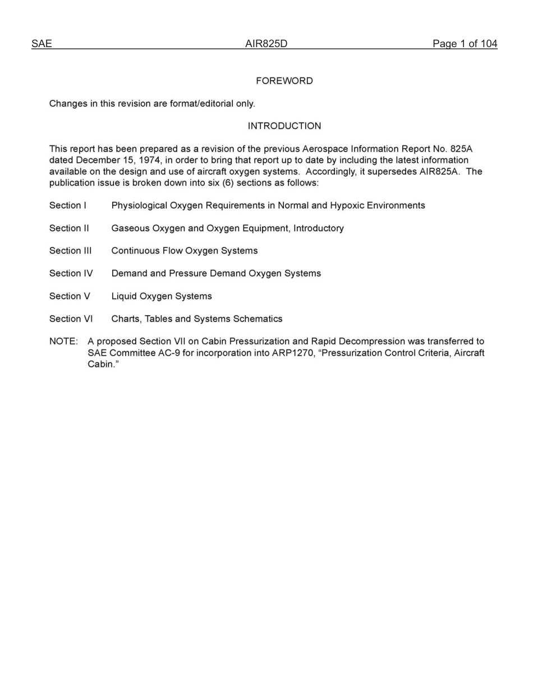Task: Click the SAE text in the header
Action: pos(42,44)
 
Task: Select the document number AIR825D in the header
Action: pos(266,44)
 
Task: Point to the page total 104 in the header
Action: pos(489,44)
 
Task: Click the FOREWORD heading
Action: pos(284,81)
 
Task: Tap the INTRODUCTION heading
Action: pos(284,126)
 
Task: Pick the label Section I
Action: pos(67,205)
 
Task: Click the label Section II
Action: pos(68,228)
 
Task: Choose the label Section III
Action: pos(70,251)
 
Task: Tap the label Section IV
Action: pos(71,273)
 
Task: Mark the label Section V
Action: pos(69,296)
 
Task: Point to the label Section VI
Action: pos(71,319)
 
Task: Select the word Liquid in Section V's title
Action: pos(124,296)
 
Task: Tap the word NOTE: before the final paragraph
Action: pos(63,342)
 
